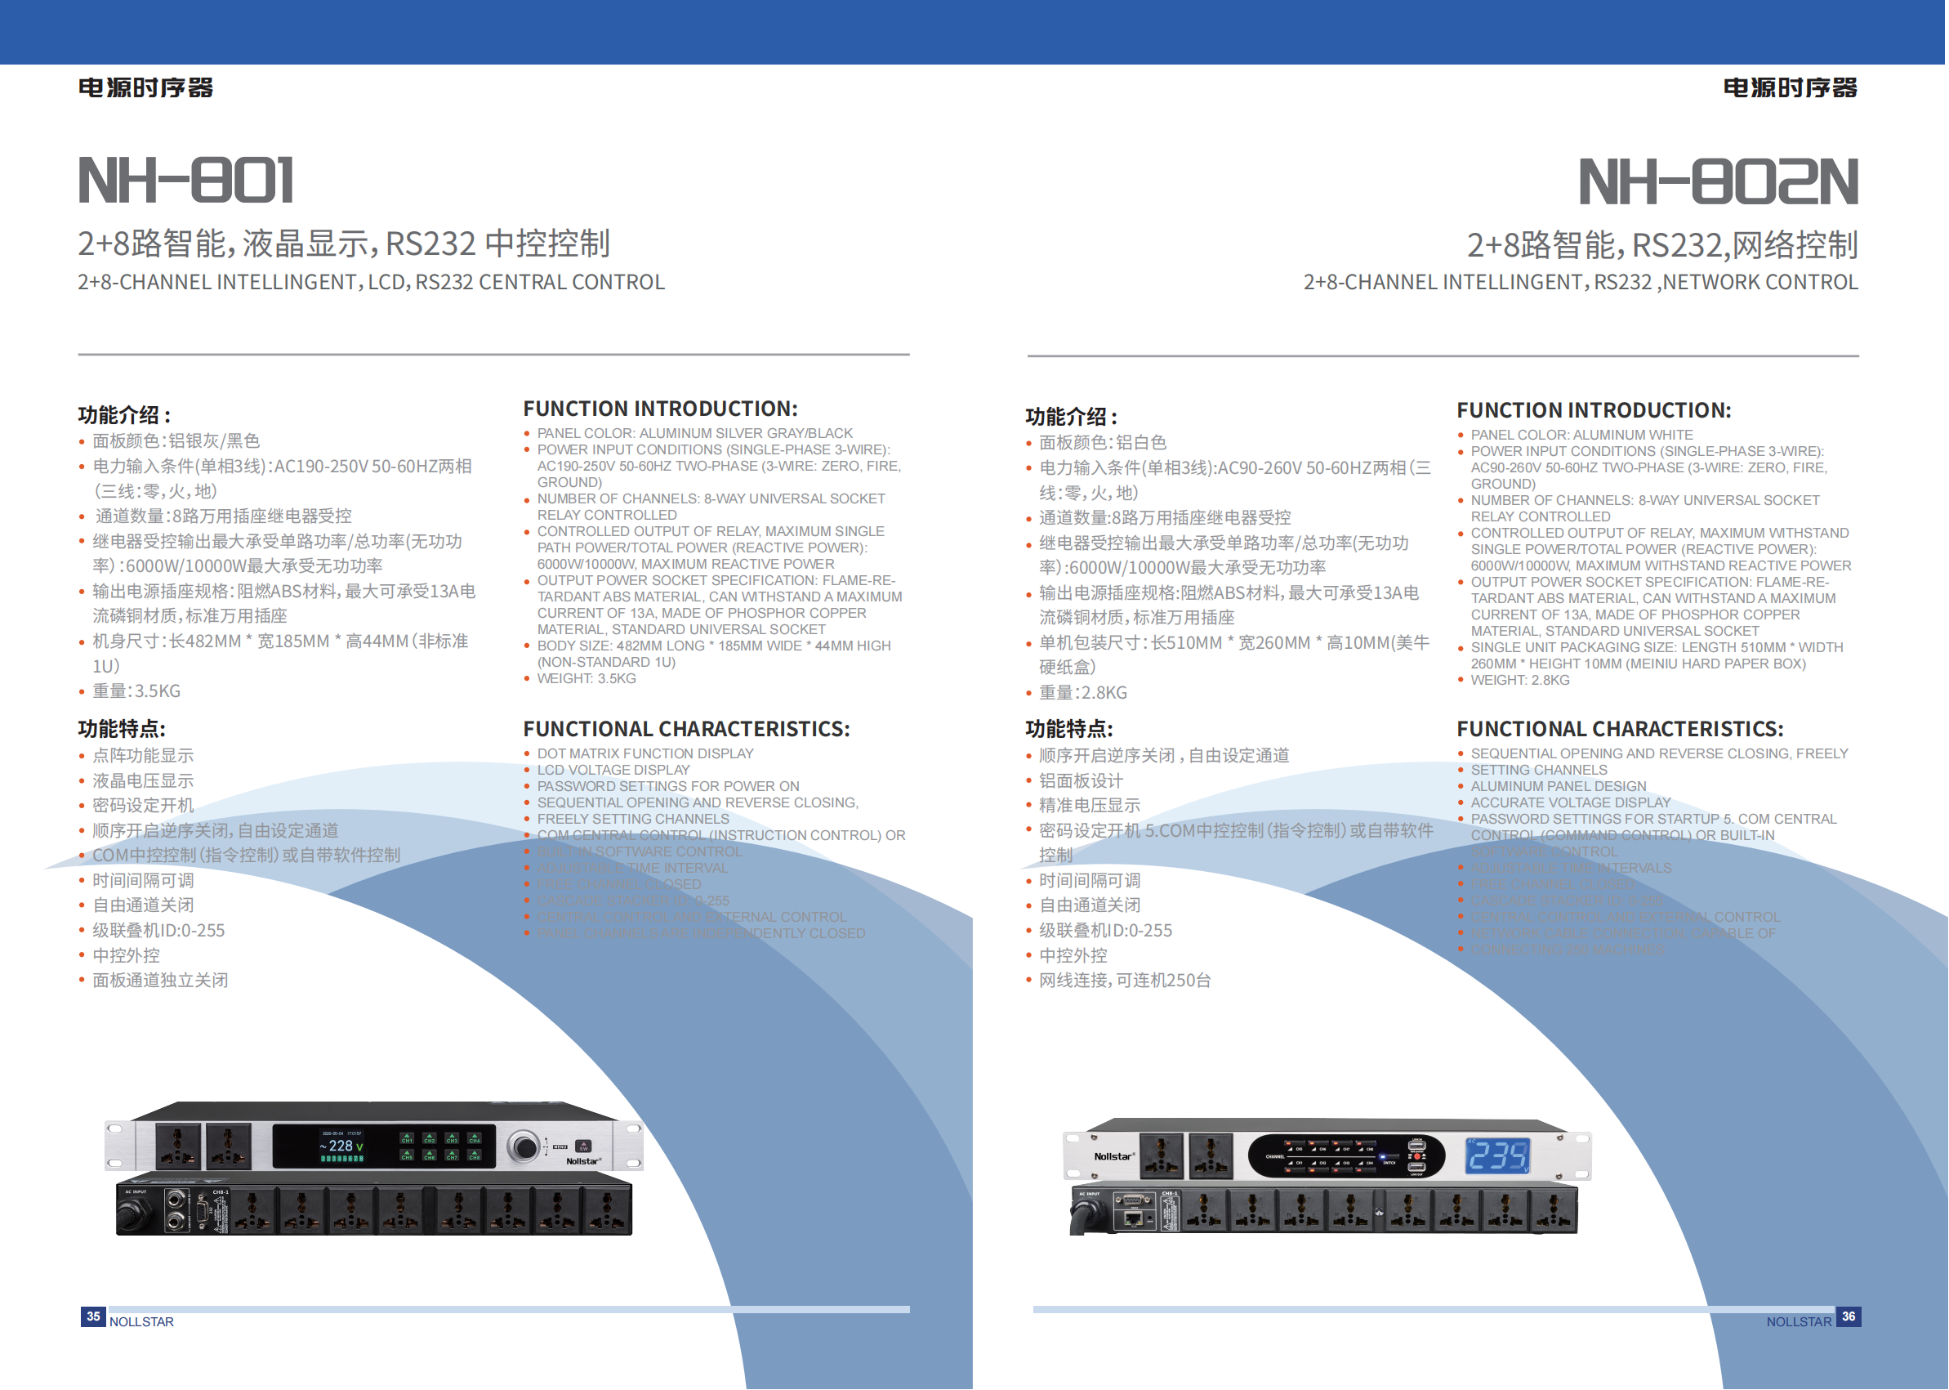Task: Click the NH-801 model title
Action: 185,181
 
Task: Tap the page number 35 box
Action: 93,1316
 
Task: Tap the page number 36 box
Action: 1848,1316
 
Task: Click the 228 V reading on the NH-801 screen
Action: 341,1146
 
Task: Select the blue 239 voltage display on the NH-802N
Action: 1497,1156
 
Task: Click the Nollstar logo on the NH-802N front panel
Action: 1113,1156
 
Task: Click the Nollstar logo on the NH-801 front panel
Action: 583,1161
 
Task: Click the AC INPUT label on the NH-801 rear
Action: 136,1191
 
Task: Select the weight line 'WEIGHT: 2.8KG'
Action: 1519,681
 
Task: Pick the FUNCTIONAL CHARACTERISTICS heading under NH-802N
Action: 1620,729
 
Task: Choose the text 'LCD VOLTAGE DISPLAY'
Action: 613,771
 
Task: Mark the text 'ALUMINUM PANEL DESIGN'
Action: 1558,787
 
